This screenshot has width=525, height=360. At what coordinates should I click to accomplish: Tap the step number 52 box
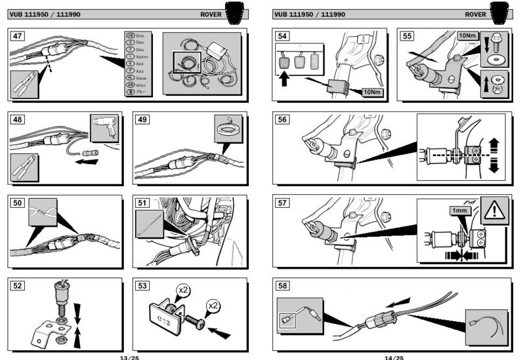19,286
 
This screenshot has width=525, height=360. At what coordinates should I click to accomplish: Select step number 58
283,286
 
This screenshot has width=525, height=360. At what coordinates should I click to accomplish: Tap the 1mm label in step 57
457,211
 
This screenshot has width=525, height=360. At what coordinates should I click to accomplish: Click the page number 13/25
129,357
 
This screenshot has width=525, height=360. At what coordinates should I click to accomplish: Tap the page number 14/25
394,357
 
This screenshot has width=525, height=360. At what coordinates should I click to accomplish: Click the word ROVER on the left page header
210,14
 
